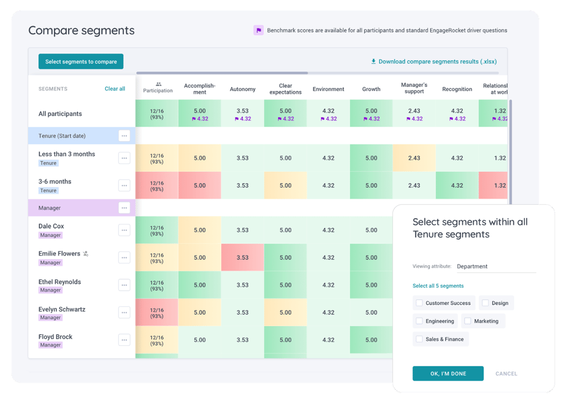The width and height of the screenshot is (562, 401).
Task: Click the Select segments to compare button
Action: coord(81,62)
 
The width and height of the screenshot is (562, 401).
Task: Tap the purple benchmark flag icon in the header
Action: coord(258,30)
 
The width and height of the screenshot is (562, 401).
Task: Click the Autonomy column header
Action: coord(242,89)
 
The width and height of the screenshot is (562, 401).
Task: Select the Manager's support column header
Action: coord(414,89)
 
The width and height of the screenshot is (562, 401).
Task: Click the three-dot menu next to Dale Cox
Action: coord(124,230)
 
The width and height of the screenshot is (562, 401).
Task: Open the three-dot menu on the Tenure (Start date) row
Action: coord(124,136)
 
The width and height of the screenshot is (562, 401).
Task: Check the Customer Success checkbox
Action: coord(420,303)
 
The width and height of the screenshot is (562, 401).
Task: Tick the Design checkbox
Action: coord(485,303)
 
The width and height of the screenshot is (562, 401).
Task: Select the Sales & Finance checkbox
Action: coord(420,339)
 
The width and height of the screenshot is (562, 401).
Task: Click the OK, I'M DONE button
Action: coord(448,373)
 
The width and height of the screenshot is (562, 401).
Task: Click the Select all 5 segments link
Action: coord(438,285)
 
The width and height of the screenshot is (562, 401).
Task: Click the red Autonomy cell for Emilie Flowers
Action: coord(242,257)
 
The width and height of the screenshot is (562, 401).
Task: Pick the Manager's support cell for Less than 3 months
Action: coord(414,158)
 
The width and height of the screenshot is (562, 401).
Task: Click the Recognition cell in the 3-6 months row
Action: coord(457,186)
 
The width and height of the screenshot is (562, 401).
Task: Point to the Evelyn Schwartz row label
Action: coord(62,309)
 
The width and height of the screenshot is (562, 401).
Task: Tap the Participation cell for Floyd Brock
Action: coord(157,340)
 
